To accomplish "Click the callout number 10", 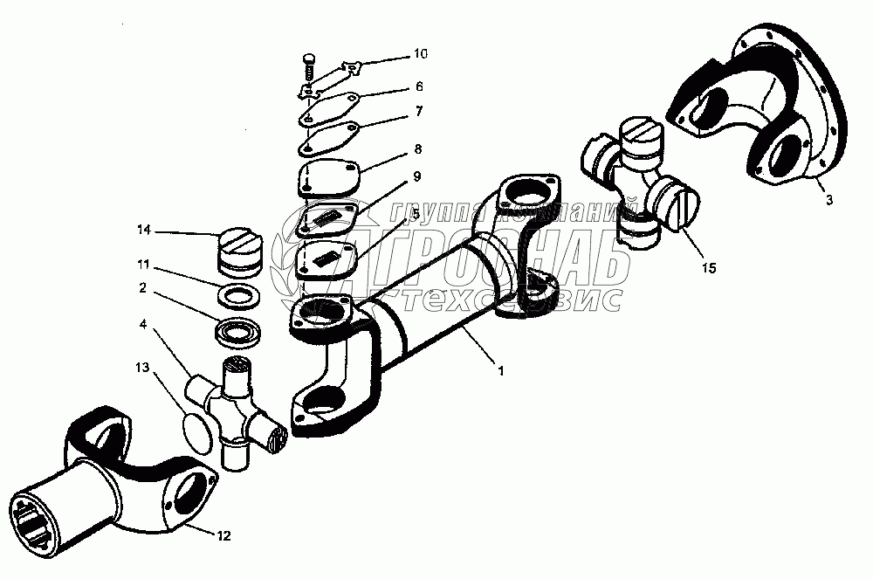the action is tap(420, 54).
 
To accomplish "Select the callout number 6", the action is tap(419, 86).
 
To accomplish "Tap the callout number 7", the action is tap(419, 111).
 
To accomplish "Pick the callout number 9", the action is tap(417, 176).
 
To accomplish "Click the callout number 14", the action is tap(143, 231).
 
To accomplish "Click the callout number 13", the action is tap(142, 367).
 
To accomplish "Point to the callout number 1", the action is tap(500, 370).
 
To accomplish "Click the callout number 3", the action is tap(828, 200).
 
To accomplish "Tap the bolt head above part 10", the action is tap(309, 59).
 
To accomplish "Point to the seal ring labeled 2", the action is tap(237, 333).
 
